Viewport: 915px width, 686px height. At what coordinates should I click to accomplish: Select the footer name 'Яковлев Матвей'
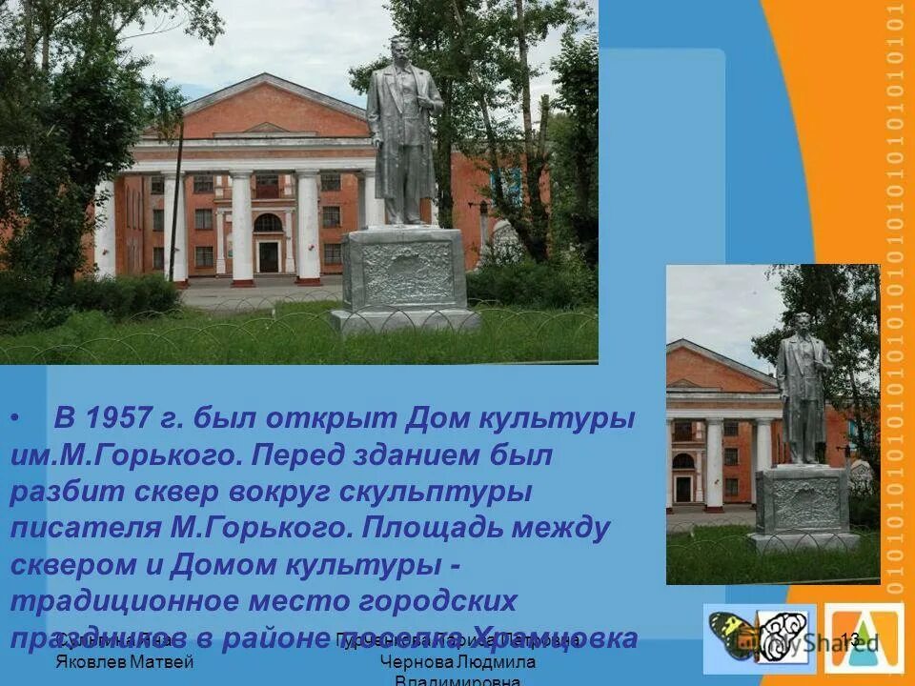(x=125, y=661)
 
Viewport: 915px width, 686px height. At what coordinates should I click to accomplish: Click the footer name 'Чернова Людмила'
(x=457, y=661)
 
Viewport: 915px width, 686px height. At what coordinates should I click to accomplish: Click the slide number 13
(x=850, y=639)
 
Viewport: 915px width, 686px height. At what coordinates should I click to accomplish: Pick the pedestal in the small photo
(x=803, y=505)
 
